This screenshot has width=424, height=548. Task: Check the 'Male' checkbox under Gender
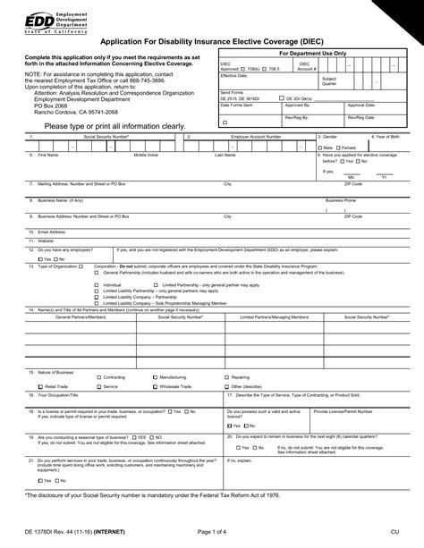tap(321, 147)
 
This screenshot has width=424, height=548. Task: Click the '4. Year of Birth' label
tap(392, 137)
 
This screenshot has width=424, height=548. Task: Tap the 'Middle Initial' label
tap(146, 155)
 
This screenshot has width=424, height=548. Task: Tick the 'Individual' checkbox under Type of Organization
tap(97, 284)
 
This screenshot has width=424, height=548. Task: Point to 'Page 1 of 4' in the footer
tap(212, 534)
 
